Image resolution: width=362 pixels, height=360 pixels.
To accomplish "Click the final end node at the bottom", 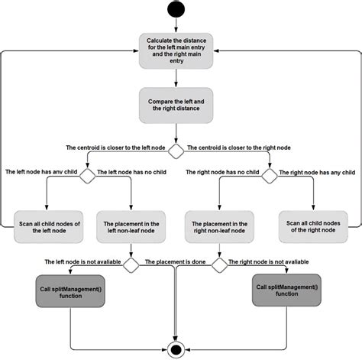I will [x=176, y=350].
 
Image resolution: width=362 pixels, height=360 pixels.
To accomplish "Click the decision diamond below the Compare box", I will [x=176, y=150].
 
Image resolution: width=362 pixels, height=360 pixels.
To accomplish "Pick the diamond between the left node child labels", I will [x=87, y=175].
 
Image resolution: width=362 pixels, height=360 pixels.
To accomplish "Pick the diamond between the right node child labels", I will [x=269, y=175].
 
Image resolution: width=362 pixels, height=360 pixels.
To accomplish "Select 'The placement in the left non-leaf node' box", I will [x=133, y=225].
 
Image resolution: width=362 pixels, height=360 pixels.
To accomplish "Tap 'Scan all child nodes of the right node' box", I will [x=313, y=225].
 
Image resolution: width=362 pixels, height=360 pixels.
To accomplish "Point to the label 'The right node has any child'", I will [x=315, y=172].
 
